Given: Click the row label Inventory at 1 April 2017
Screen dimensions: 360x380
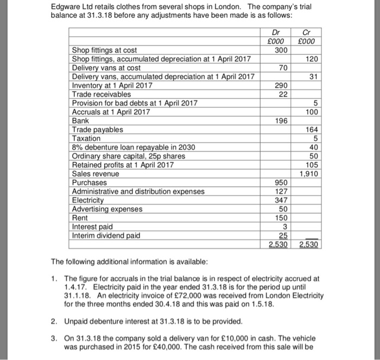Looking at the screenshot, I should coord(112,85).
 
